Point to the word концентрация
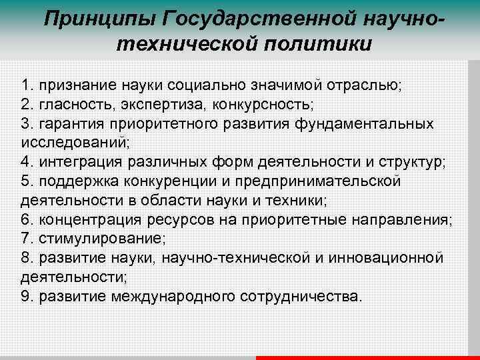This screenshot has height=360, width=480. click(x=85, y=219)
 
